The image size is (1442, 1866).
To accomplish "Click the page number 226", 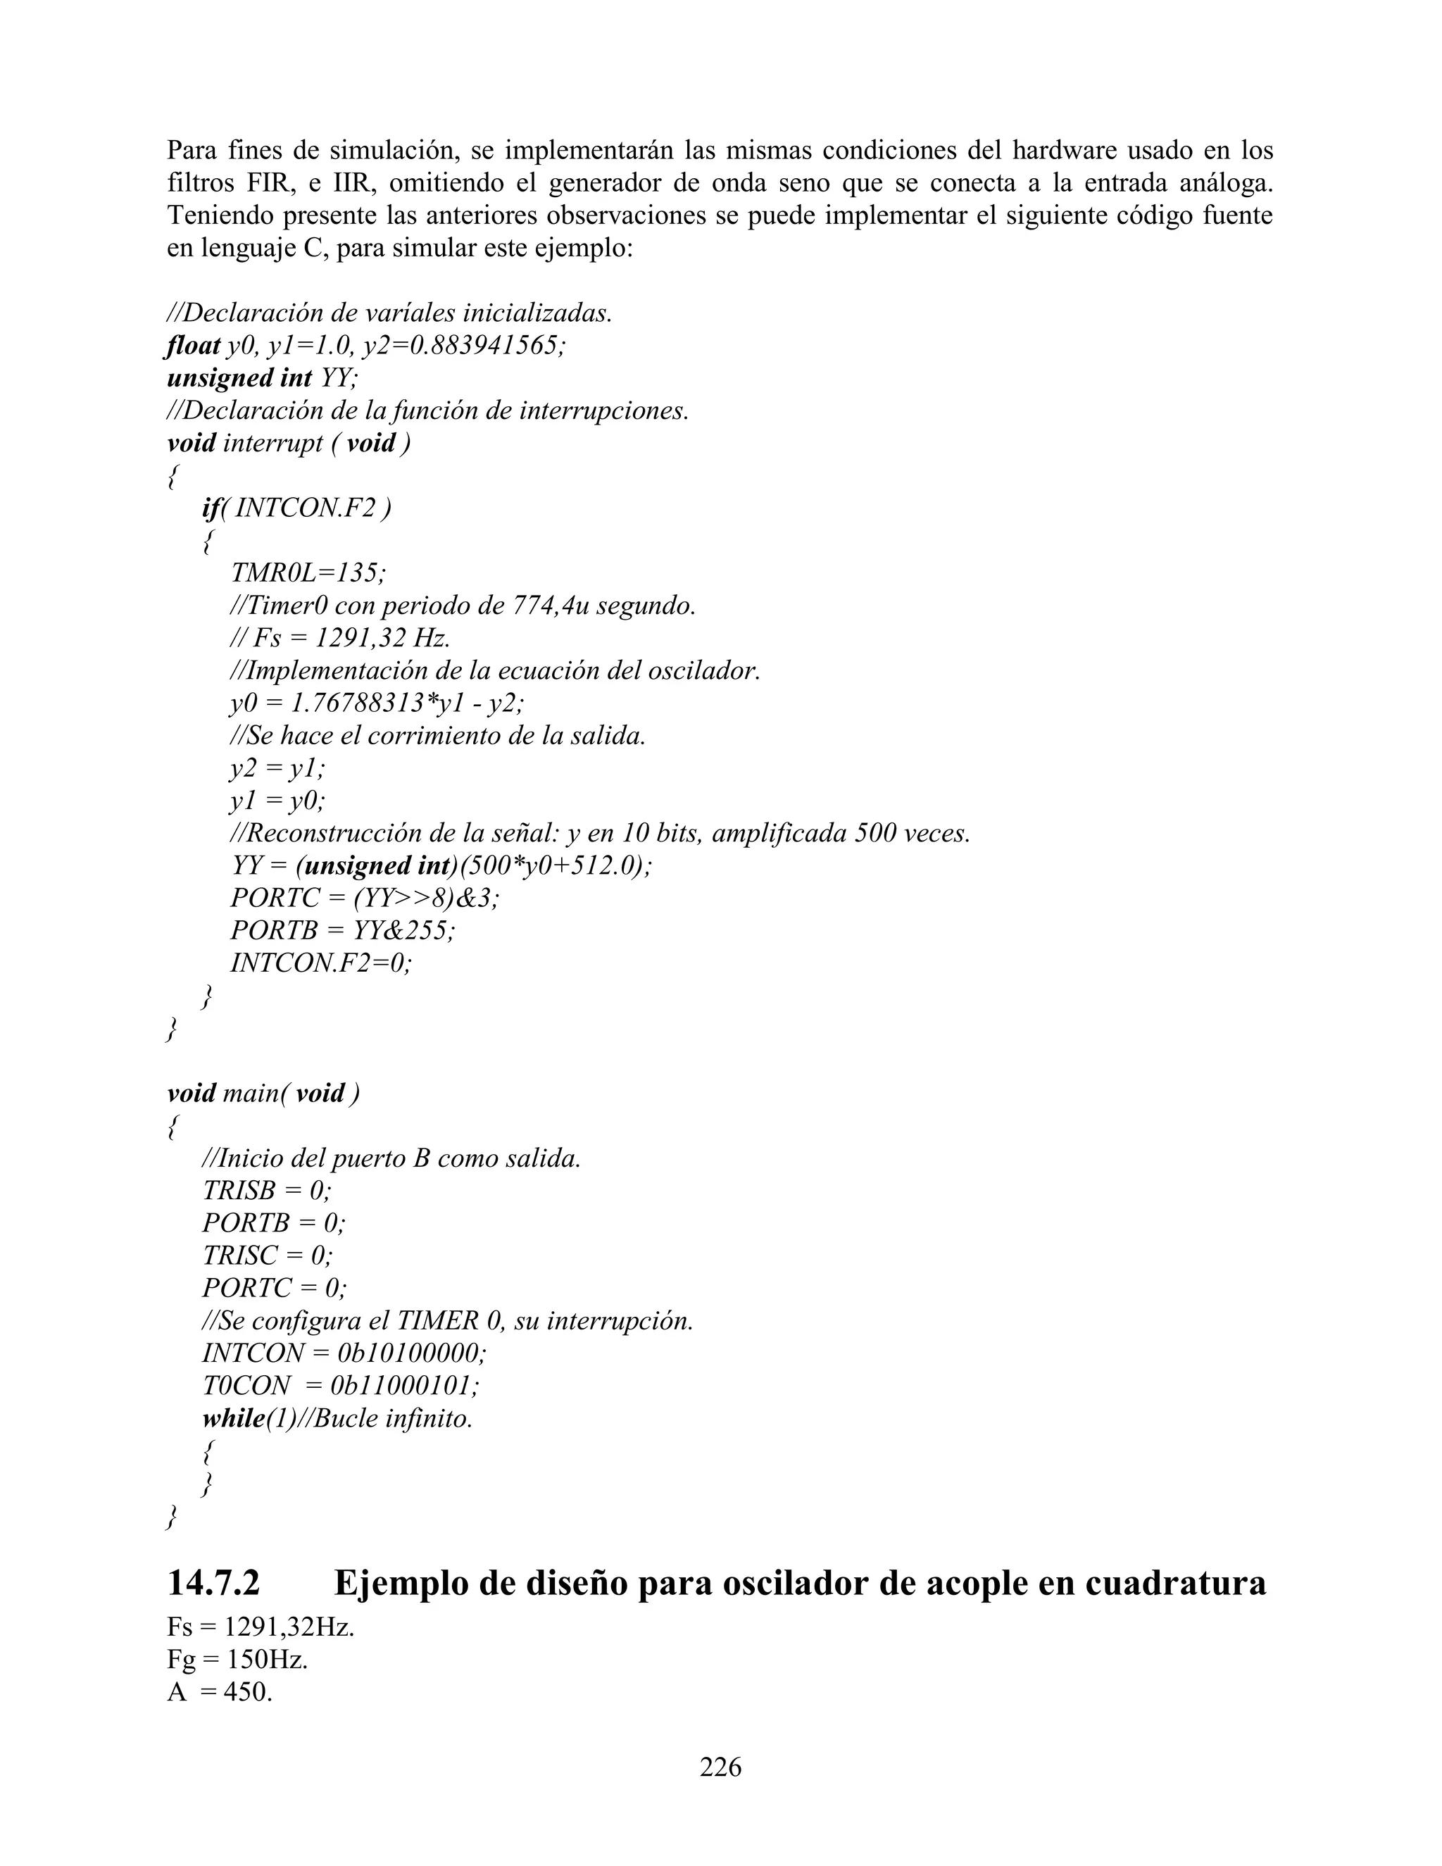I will click(x=720, y=1766).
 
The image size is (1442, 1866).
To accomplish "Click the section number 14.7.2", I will click(x=213, y=1583).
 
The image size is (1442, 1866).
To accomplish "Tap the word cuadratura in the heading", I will click(x=1175, y=1583).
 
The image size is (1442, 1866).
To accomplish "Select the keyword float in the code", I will click(x=194, y=345).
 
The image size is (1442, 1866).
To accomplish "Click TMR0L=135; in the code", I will click(x=308, y=572).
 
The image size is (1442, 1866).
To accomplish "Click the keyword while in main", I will click(x=232, y=1418).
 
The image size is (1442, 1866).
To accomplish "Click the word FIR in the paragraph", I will click(x=270, y=183).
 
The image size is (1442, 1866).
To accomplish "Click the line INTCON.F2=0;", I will click(x=320, y=963).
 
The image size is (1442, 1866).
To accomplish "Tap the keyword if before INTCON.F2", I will click(x=210, y=508).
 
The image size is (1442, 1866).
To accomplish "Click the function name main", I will click(x=249, y=1093).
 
